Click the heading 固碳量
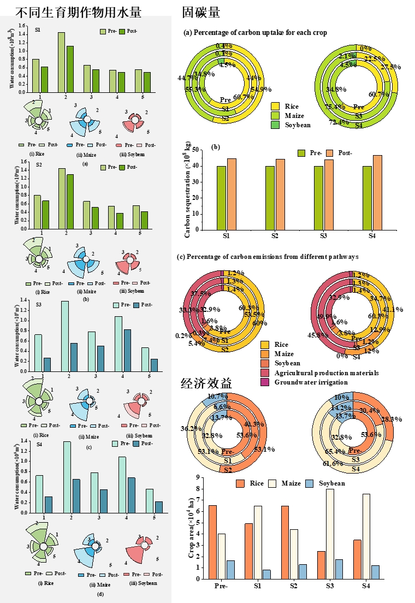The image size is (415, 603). [x=202, y=12]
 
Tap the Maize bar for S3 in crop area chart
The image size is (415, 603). [x=330, y=534]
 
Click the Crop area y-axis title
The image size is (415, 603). [x=191, y=529]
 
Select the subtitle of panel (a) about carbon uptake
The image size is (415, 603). [x=255, y=33]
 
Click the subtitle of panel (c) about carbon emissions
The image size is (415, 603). [x=271, y=256]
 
